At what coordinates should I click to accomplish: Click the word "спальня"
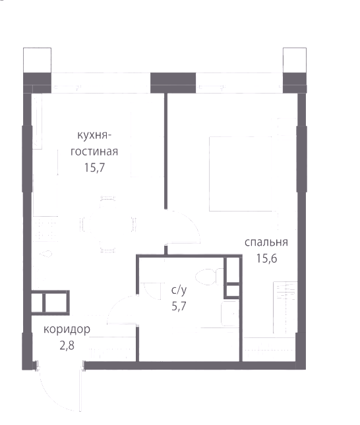pyautogui.click(x=266, y=242)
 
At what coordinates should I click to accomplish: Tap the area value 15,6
pyautogui.click(x=266, y=258)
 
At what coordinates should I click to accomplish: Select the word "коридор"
pyautogui.click(x=67, y=329)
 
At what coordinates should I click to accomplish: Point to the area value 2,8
pyautogui.click(x=67, y=345)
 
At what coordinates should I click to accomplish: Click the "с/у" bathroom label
pyautogui.click(x=179, y=290)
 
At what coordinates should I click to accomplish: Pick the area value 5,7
pyautogui.click(x=179, y=306)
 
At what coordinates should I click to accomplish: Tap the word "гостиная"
pyautogui.click(x=94, y=152)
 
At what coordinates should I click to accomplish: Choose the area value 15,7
pyautogui.click(x=94, y=167)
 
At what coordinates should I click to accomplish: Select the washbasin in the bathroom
pyautogui.click(x=230, y=314)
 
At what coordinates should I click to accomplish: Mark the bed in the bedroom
pyautogui.click(x=241, y=174)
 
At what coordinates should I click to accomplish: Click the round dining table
pyautogui.click(x=107, y=224)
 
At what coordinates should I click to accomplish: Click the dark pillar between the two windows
pyautogui.click(x=173, y=83)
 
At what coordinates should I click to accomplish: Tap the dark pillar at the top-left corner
pyautogui.click(x=37, y=83)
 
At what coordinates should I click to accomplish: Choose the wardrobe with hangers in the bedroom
pyautogui.click(x=285, y=308)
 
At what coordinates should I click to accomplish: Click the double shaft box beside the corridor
pyautogui.click(x=50, y=302)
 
